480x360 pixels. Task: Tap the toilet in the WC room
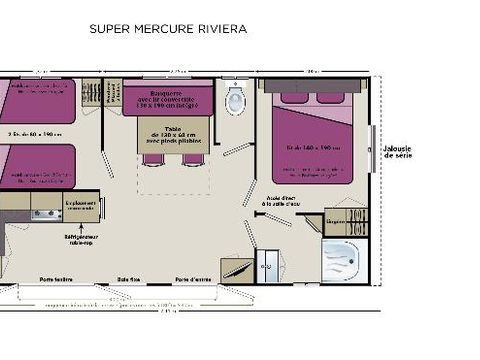pos(236,101)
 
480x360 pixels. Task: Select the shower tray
pos(340,260)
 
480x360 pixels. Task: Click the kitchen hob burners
pos(45,213)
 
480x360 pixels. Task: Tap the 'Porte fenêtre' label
pos(55,279)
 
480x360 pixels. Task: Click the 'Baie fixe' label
pos(128,279)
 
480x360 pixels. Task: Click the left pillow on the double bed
pos(294,97)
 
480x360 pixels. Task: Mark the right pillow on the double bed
pos(336,97)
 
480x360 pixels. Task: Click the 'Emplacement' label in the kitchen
pos(79,204)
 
